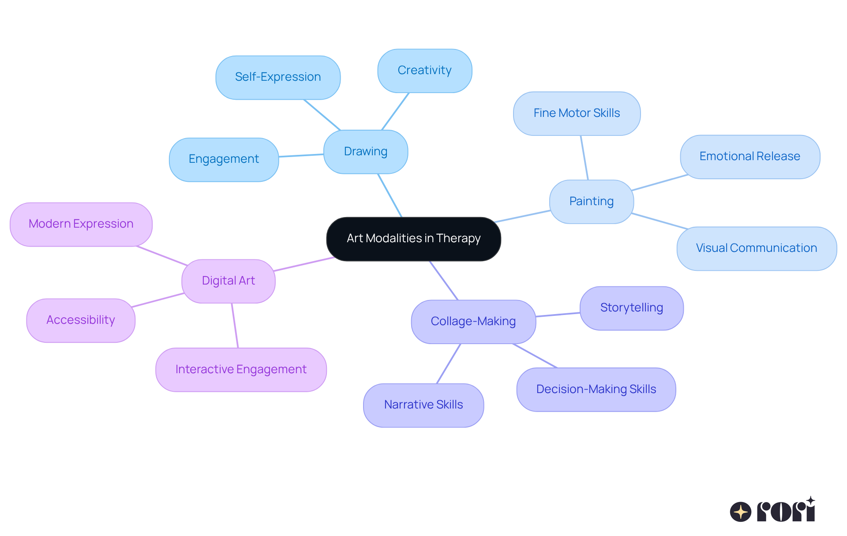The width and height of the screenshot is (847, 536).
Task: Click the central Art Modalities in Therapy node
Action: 413,239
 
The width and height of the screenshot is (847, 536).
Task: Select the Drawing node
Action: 366,151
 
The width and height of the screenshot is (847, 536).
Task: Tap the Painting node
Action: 591,201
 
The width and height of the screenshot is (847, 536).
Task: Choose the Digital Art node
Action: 228,281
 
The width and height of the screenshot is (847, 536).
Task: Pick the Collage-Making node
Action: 473,321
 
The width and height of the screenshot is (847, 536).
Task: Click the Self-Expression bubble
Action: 278,77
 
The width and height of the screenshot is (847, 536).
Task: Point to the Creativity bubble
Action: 424,71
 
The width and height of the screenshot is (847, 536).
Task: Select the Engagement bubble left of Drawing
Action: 224,159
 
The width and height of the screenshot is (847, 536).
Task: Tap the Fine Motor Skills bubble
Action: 577,113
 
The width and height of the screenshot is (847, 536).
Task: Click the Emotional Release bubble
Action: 750,157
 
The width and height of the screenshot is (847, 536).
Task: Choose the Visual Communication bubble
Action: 756,248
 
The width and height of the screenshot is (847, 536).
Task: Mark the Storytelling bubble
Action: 631,308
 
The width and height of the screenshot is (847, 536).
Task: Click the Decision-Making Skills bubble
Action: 596,390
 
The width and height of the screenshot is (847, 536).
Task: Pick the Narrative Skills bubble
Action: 423,405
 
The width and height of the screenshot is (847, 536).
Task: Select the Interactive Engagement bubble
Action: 241,370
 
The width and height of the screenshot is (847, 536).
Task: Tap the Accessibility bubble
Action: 81,320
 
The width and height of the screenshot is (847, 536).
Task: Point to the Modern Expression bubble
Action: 81,224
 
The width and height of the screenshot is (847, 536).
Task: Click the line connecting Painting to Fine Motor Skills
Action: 585,157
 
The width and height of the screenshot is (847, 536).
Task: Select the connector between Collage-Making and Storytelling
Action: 558,315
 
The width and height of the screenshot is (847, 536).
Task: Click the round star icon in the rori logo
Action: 740,512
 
